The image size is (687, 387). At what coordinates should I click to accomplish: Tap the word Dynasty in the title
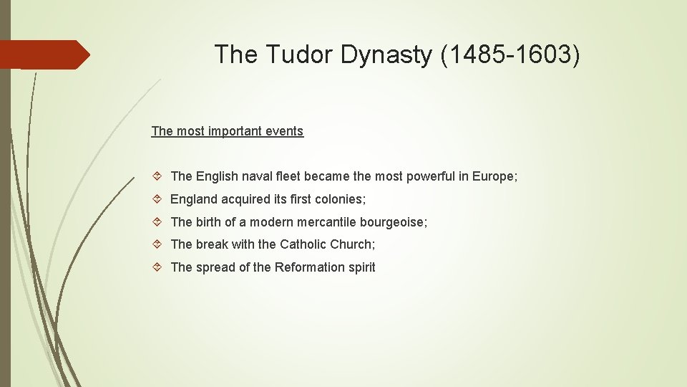point(386,54)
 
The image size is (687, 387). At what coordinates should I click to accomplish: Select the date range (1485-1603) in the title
point(511,54)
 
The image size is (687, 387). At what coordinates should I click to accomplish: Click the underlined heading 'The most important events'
point(228,131)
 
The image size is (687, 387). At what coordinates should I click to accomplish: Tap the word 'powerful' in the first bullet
point(427,176)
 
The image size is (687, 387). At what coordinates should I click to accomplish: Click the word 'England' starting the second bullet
point(194,199)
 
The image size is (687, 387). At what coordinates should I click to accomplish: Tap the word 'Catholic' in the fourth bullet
point(303,244)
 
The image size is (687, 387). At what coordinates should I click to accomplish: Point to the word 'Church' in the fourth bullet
point(351,244)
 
